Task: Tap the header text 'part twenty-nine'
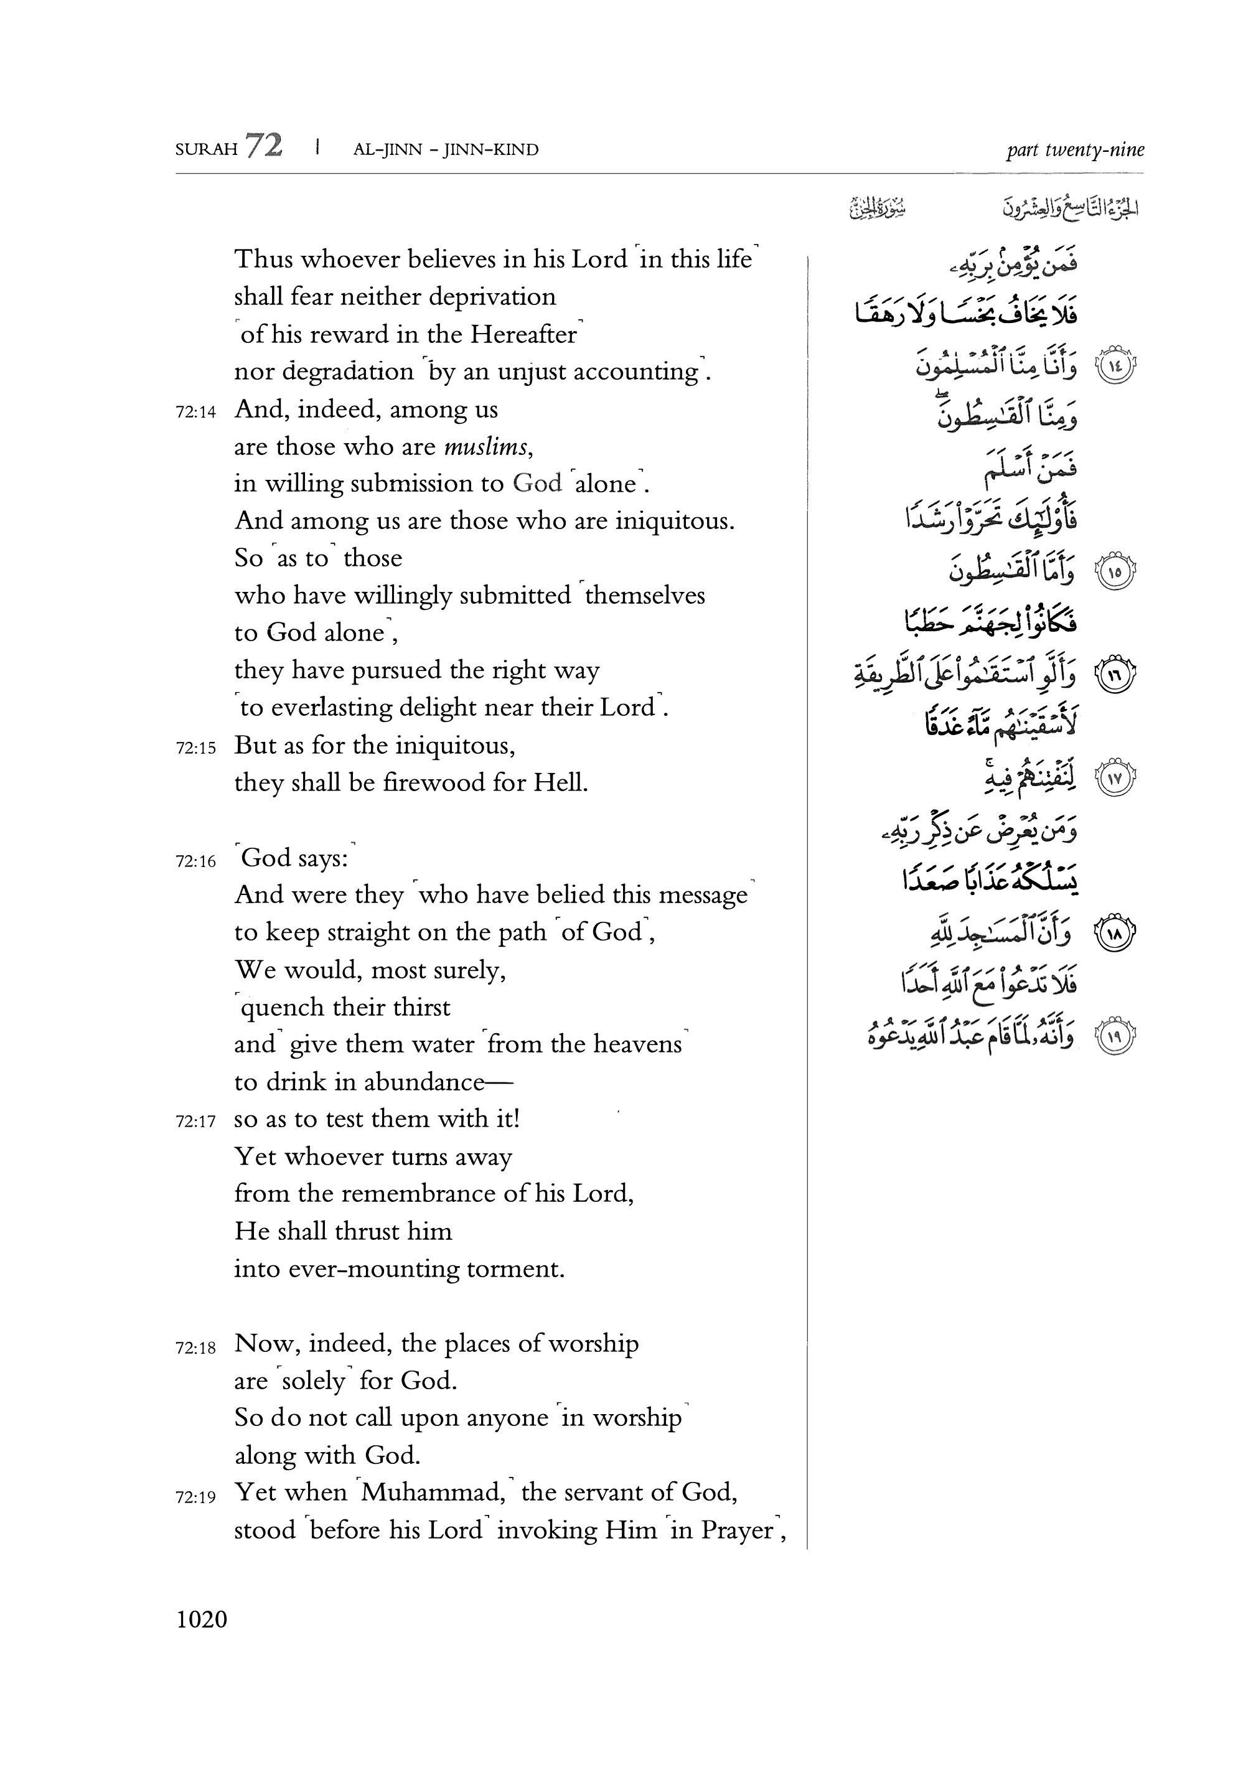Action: (x=1074, y=150)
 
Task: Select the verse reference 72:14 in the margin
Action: (x=196, y=412)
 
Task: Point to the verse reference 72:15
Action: (x=196, y=748)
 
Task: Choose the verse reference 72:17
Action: (x=196, y=1122)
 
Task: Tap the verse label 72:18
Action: (x=196, y=1348)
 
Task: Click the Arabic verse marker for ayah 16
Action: (x=1116, y=674)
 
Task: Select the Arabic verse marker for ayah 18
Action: (x=1116, y=935)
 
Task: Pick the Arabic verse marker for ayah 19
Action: (x=1116, y=1035)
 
